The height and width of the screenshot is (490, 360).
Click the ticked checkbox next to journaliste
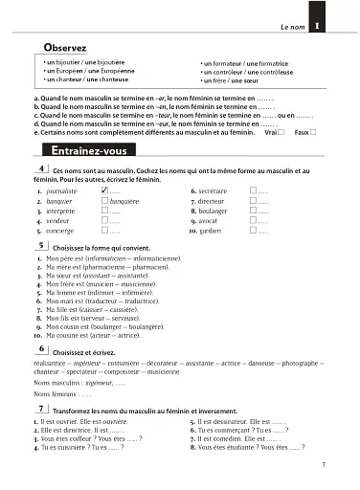104,190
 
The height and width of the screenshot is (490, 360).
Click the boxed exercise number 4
39,168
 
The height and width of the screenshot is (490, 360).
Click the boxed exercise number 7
39,408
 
